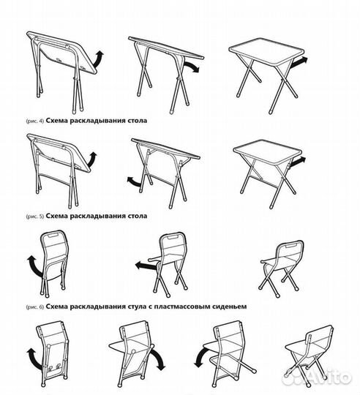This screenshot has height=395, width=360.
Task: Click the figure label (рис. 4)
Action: point(35,121)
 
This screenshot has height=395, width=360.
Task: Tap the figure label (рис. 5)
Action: point(35,216)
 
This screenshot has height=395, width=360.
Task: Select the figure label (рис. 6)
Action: point(35,306)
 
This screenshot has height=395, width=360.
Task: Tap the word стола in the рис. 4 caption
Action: point(138,121)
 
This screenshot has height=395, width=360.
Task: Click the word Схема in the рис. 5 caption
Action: point(56,216)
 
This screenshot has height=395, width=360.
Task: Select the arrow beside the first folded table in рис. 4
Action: point(99,59)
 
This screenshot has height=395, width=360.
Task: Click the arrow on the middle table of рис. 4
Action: point(191,67)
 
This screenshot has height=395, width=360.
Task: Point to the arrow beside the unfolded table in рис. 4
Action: point(299,61)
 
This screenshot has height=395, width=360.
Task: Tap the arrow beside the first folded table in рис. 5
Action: point(92,160)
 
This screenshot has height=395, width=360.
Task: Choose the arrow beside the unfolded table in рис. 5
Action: point(298,162)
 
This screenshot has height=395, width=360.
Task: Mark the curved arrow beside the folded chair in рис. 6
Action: point(35,266)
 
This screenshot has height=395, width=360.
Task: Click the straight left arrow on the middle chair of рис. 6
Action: point(146,266)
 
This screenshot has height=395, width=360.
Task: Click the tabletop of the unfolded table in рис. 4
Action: point(266,52)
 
